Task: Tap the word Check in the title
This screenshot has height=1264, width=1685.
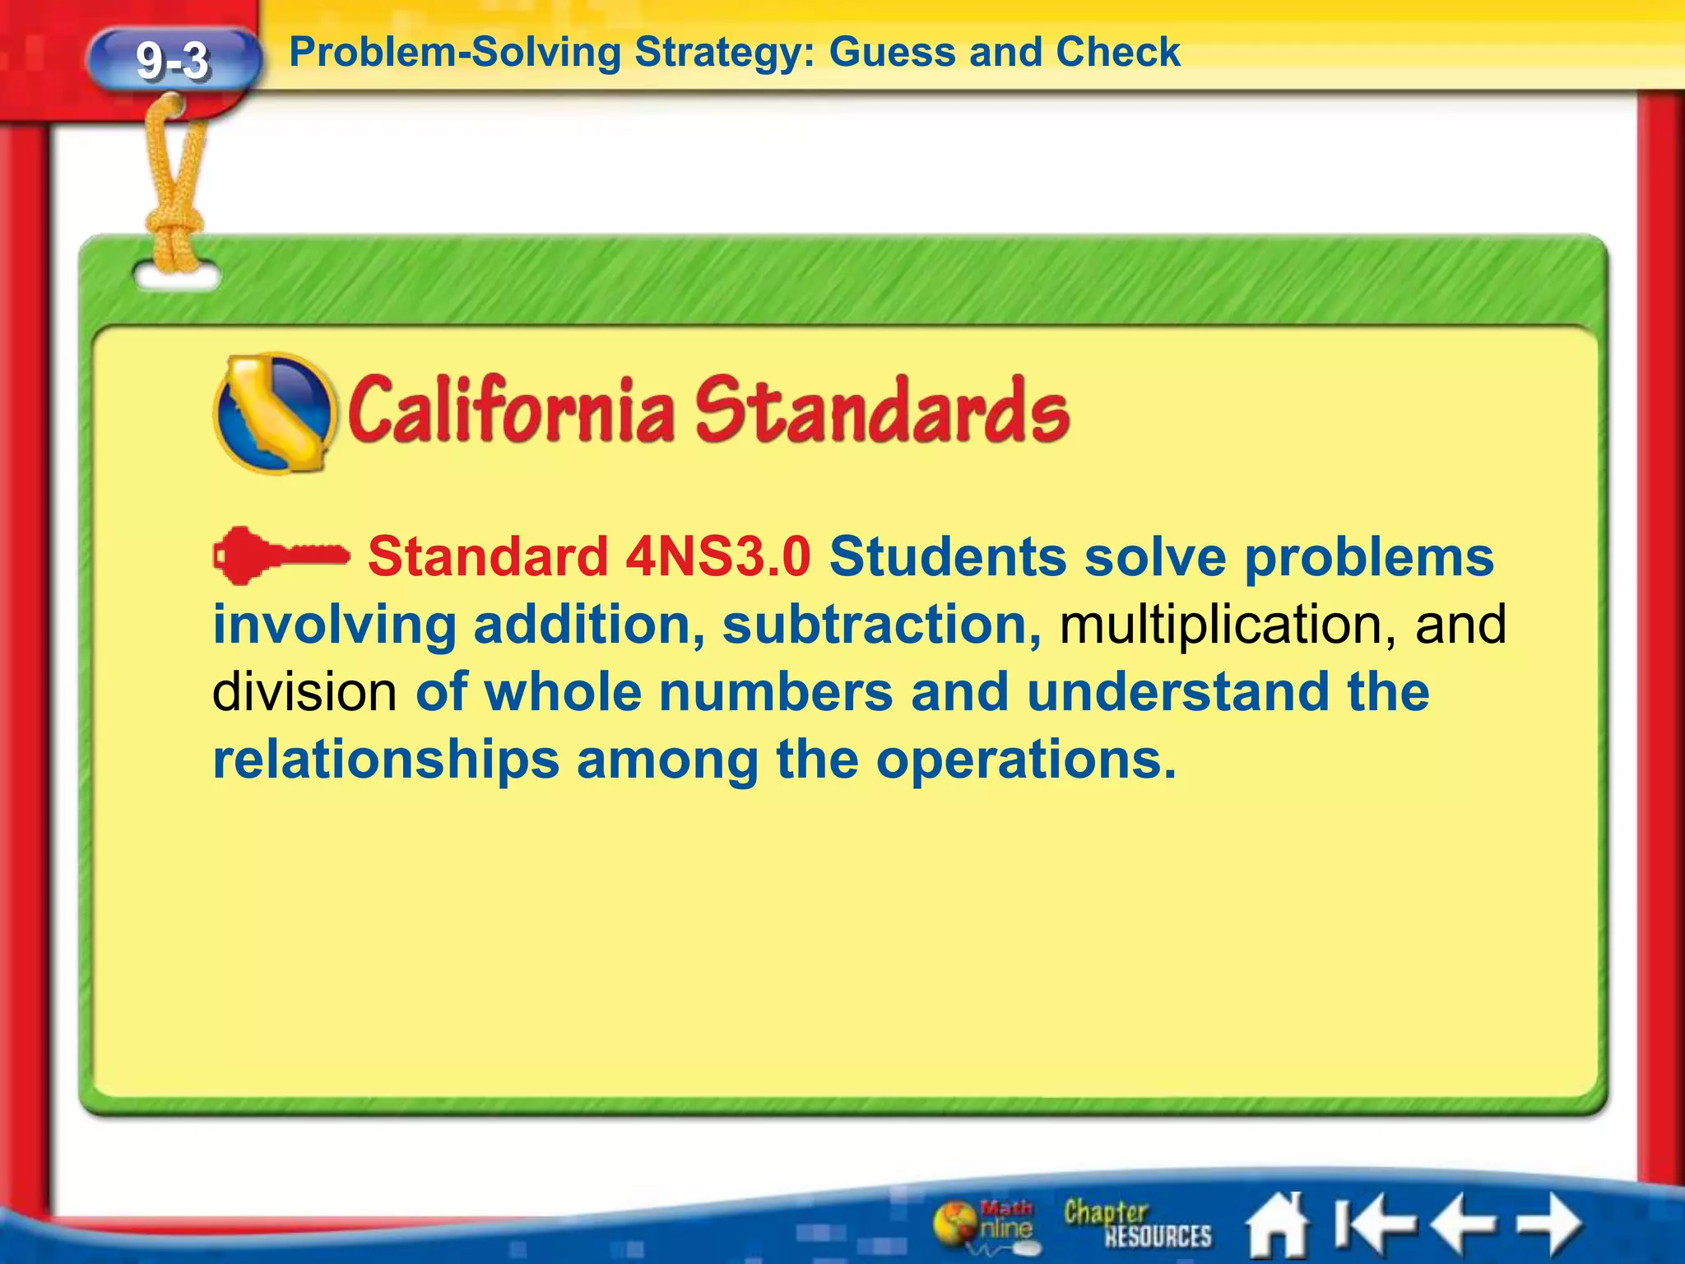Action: coord(1118,53)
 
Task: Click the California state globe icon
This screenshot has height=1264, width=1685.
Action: coord(275,413)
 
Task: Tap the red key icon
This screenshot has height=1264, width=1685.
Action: coord(280,555)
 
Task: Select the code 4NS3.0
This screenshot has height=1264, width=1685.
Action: coord(718,557)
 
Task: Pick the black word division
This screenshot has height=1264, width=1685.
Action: coord(305,692)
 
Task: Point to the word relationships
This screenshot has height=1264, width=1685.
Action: coord(386,760)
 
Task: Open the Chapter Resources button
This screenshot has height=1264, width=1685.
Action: coord(1136,1224)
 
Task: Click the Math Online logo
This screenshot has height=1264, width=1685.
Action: coord(985,1224)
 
